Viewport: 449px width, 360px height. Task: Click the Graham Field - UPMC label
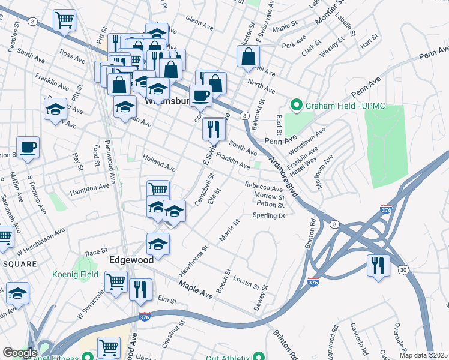[345, 106]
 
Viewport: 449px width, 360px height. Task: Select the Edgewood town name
[131, 260]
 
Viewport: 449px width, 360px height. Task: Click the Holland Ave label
[159, 163]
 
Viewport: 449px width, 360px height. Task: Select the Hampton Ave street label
[89, 187]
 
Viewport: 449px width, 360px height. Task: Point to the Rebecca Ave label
[264, 187]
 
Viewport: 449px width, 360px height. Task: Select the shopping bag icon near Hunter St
[248, 57]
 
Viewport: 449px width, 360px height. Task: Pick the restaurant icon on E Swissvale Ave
[213, 128]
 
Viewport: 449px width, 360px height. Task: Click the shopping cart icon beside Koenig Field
[115, 280]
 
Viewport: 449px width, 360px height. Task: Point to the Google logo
[20, 353]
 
